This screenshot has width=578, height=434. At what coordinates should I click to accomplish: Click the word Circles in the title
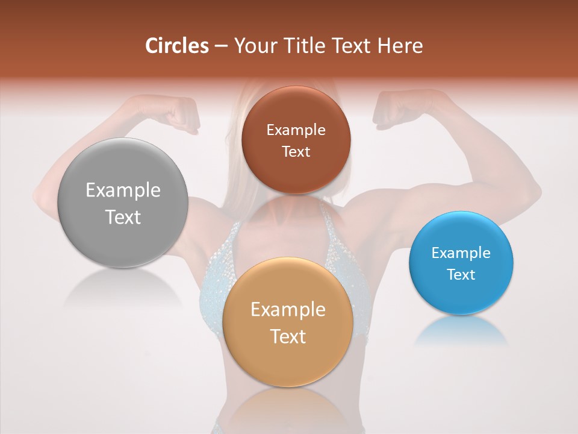177,46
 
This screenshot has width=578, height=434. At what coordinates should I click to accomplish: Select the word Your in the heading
255,46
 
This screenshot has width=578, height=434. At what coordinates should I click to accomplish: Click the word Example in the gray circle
123,190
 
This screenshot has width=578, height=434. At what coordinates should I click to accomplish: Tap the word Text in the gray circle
123,218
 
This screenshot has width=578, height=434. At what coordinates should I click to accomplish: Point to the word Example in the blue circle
461,253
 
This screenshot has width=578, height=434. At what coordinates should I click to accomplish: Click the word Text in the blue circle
461,275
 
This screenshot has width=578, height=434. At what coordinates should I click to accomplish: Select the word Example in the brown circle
296,130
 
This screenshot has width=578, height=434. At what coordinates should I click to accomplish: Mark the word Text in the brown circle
296,152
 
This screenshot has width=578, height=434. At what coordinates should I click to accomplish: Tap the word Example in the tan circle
288,310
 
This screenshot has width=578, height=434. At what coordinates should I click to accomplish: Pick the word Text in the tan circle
288,337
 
